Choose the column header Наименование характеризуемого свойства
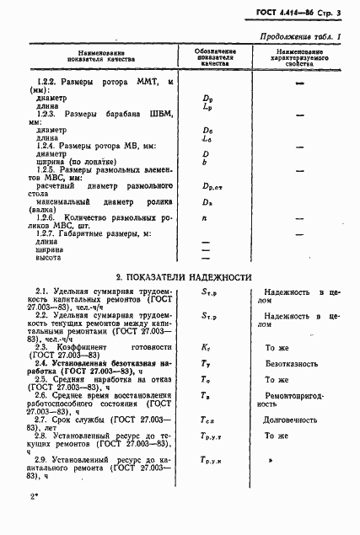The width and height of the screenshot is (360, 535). (298, 56)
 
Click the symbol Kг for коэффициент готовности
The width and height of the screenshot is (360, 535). (207, 346)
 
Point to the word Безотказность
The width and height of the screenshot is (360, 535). (292, 364)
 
